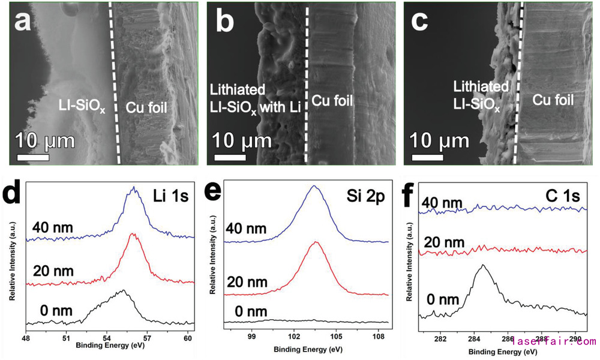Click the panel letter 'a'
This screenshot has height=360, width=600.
tap(25, 23)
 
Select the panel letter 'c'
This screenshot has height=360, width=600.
tap(420, 23)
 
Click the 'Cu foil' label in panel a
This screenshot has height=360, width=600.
tap(149, 108)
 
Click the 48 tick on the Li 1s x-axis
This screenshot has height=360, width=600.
tap(26, 338)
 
